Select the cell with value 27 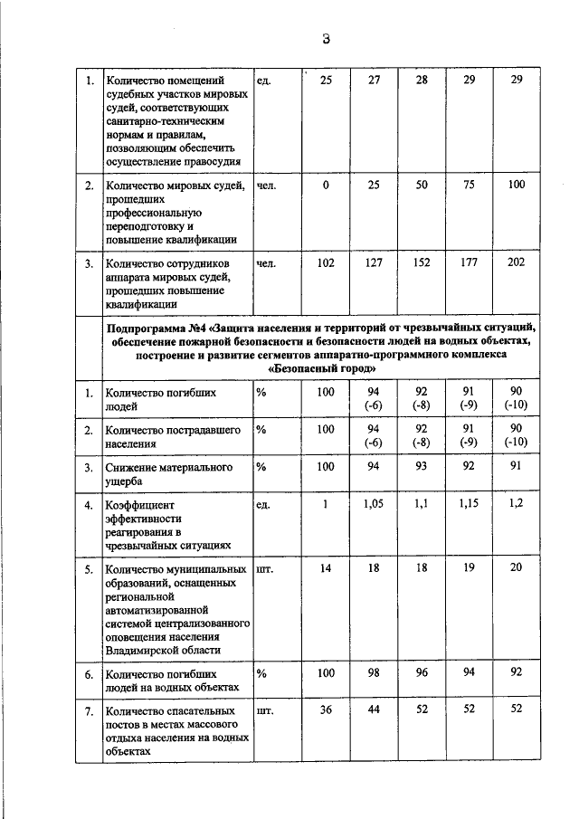pyautogui.click(x=374, y=81)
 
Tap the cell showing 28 pyautogui.click(x=422, y=81)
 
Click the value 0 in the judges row pyautogui.click(x=326, y=186)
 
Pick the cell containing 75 pyautogui.click(x=469, y=186)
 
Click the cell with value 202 pyautogui.click(x=517, y=263)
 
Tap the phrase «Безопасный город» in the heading pyautogui.click(x=321, y=369)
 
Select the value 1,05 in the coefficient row pyautogui.click(x=374, y=504)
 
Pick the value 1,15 pyautogui.click(x=469, y=504)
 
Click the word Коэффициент pyautogui.click(x=141, y=505)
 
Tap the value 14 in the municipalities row pyautogui.click(x=326, y=569)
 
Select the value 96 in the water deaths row pyautogui.click(x=422, y=673)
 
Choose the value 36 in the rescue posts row pyautogui.click(x=326, y=710)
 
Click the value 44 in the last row pyautogui.click(x=374, y=710)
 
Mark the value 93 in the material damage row pyautogui.click(x=422, y=467)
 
